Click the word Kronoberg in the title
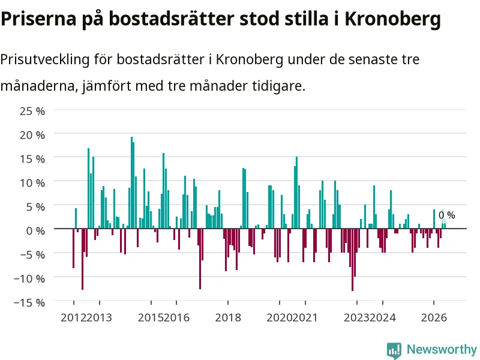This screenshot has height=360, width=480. [393, 19]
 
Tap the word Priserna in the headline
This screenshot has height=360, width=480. [38, 19]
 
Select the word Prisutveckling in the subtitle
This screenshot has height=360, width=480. [44, 59]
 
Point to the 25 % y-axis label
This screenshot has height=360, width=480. [32, 111]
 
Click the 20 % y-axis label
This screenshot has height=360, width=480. [32, 135]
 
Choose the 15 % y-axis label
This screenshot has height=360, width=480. [32, 159]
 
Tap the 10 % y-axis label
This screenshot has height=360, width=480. [32, 183]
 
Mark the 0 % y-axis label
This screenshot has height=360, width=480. [35, 231]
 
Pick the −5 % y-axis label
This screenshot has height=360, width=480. [31, 254]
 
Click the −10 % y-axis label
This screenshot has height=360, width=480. [29, 279]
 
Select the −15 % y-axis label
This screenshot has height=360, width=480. [29, 303]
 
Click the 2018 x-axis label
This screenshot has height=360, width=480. [228, 317]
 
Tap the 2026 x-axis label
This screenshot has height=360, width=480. [434, 317]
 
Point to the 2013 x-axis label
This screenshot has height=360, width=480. [99, 317]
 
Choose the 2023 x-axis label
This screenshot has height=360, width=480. [356, 317]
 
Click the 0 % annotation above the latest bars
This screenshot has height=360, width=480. [446, 215]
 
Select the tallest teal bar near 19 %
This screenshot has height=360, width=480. [131, 182]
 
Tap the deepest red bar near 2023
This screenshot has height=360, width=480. [353, 260]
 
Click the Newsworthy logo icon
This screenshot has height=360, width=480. [394, 350]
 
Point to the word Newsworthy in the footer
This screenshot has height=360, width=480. [442, 349]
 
